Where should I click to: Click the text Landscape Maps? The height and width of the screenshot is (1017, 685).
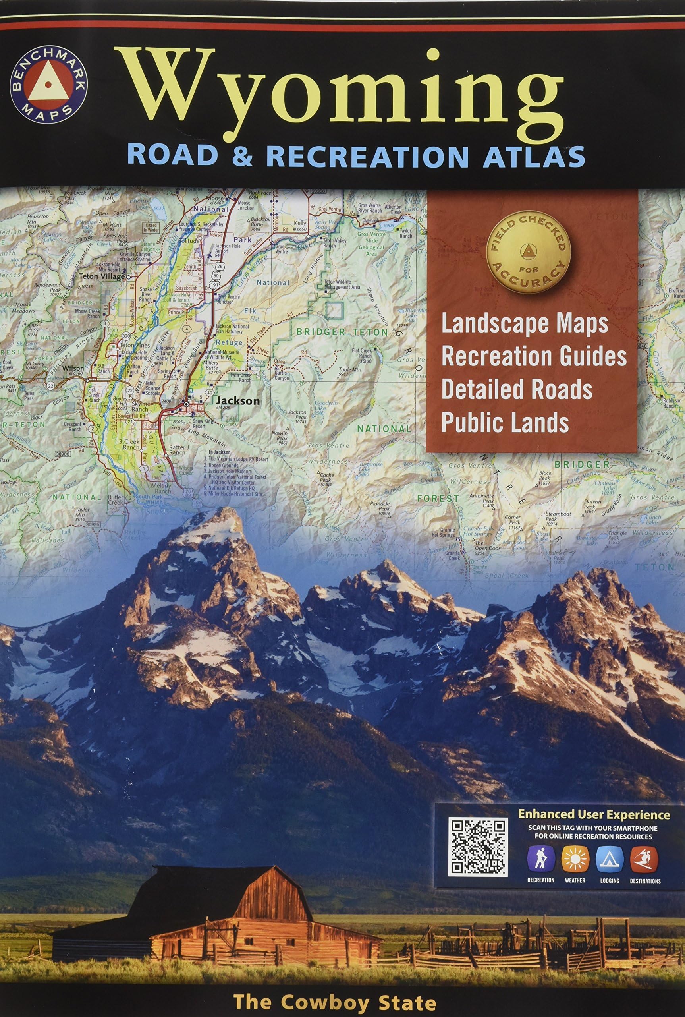[525, 324]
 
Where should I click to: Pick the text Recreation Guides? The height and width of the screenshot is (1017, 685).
[534, 357]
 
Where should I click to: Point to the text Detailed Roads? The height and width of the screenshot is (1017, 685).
[516, 389]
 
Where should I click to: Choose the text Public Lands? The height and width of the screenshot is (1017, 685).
[505, 421]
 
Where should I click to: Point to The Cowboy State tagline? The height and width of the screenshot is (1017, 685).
[335, 989]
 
